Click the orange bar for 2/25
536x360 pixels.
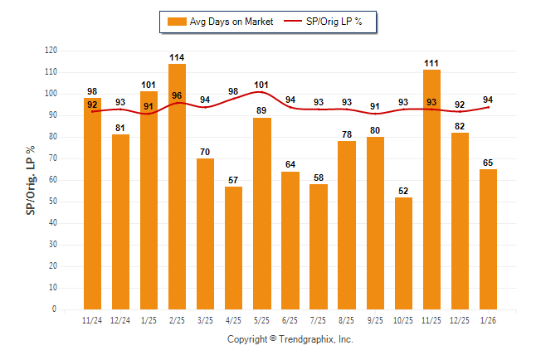pos(177,187)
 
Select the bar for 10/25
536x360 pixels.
pos(403,253)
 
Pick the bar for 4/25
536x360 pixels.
pos(233,248)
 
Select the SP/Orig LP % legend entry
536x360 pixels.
pos(324,22)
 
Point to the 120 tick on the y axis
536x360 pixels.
pos(51,51)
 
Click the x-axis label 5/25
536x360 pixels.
pos(261,320)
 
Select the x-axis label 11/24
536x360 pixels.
pos(92,320)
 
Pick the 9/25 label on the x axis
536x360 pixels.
pos(375,320)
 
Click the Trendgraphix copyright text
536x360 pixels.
pos(290,339)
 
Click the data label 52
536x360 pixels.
pos(403,192)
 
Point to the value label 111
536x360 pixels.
pos(431,64)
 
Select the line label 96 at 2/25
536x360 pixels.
pos(177,95)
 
